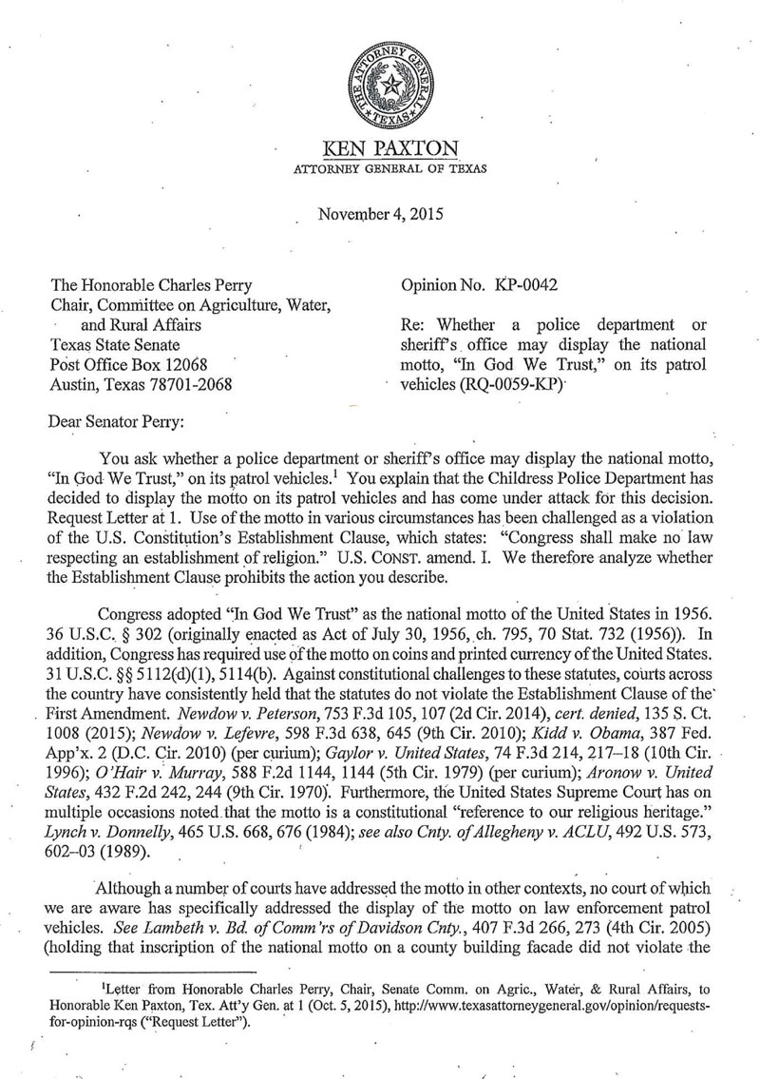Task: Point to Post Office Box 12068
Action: pos(123,364)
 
